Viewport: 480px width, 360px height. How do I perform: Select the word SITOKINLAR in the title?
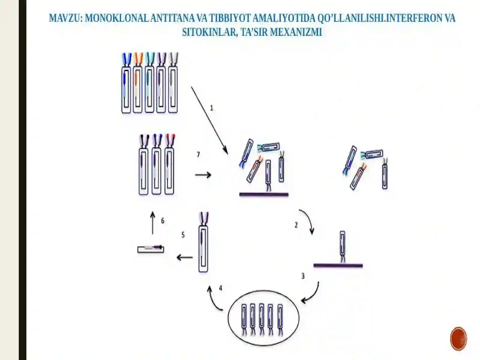(210, 32)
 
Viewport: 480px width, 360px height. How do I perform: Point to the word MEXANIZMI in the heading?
(296, 32)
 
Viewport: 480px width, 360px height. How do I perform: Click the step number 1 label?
(211, 108)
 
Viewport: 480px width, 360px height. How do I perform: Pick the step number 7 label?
(198, 155)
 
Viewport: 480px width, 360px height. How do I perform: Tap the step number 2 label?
(296, 225)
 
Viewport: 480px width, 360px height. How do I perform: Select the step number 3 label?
(303, 276)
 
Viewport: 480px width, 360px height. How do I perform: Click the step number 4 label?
(220, 288)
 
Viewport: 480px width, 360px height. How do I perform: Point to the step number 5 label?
(183, 235)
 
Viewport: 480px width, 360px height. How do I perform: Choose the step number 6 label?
(163, 221)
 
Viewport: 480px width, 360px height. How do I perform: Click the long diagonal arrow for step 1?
(209, 121)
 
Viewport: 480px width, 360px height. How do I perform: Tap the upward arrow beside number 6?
(153, 223)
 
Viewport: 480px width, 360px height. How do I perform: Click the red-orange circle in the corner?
(459, 339)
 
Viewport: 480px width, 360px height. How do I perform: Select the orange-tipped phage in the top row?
(138, 82)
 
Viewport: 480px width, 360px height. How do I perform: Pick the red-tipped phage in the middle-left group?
(169, 164)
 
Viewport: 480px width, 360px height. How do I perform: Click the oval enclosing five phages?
(263, 318)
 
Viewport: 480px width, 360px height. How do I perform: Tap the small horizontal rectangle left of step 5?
(151, 249)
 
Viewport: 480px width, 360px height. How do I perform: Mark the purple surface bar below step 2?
(338, 266)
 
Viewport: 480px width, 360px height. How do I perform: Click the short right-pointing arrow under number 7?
(203, 175)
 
